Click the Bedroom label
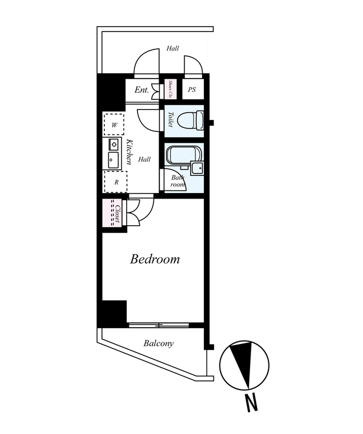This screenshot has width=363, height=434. click(x=155, y=259)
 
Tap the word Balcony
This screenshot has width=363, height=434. click(x=158, y=343)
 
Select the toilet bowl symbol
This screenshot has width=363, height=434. click(x=190, y=120)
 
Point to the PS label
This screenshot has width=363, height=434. click(x=192, y=90)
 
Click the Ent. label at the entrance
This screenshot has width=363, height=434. click(x=142, y=90)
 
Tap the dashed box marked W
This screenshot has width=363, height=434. click(x=114, y=124)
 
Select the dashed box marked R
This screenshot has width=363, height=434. click(x=115, y=182)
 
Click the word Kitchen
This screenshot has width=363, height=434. click(x=129, y=152)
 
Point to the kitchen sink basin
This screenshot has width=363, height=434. click(x=113, y=160)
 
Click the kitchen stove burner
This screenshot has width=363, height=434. click(x=114, y=144)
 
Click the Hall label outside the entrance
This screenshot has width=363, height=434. click(x=172, y=48)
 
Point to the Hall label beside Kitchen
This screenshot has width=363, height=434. click(x=145, y=159)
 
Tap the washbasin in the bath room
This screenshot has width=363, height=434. click(x=197, y=168)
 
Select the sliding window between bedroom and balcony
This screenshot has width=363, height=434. click(x=159, y=325)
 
